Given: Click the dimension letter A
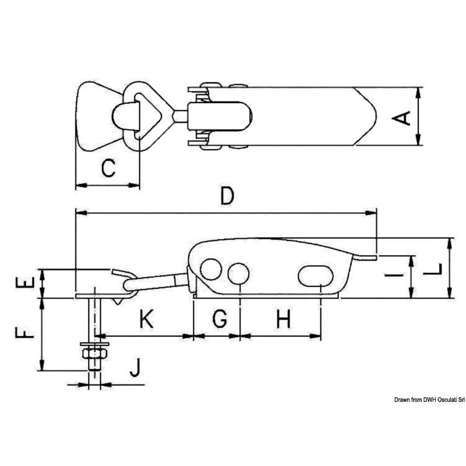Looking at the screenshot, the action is tap(401, 118).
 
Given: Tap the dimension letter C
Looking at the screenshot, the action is tap(108, 168).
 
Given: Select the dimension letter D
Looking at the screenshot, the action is tap(227, 196).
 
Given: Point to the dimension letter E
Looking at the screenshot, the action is tap(25, 283).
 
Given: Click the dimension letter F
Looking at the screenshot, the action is tap(25, 332).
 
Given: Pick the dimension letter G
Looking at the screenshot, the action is tap(220, 318).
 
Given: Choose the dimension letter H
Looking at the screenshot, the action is tap(284, 319).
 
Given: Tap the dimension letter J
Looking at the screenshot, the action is tap(135, 368).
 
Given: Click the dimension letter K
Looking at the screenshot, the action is tap(147, 319).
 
